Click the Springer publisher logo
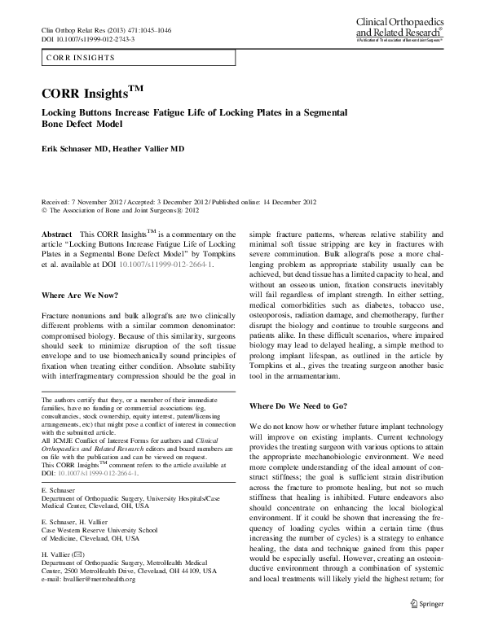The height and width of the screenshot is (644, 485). point(427,604)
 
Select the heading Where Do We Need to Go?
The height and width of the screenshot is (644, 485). point(298,405)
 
